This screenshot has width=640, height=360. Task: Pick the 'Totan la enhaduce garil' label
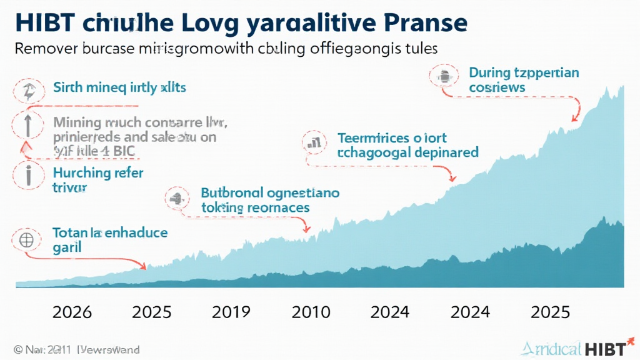click(109, 240)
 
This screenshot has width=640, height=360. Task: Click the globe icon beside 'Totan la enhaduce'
click(27, 239)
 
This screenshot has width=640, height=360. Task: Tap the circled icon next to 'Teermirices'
click(313, 142)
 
